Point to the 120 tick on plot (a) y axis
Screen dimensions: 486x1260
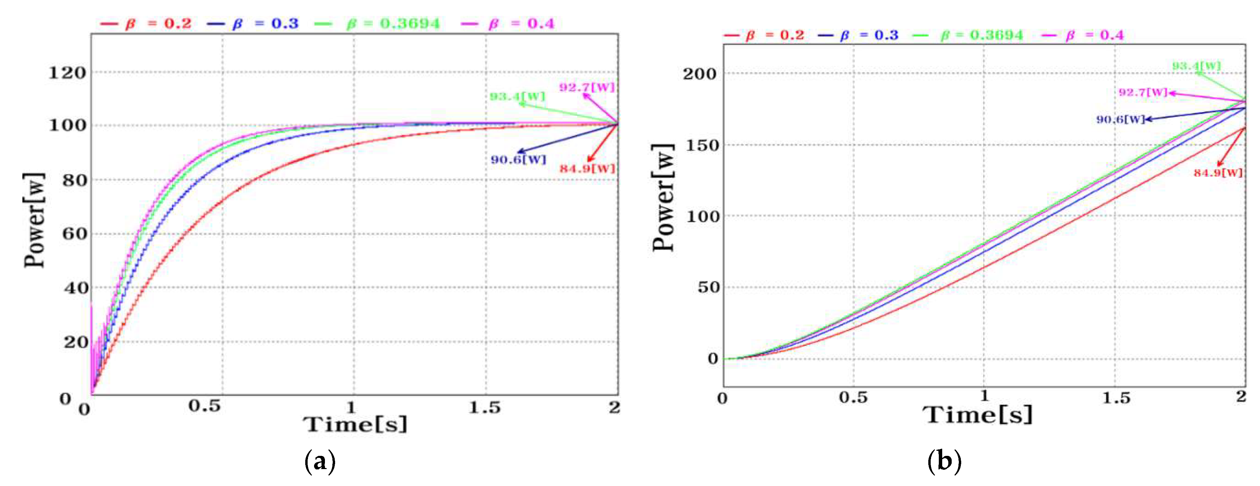[x=67, y=73]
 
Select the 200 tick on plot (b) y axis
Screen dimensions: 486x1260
[x=699, y=74]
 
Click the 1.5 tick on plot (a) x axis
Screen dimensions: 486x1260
[x=485, y=407]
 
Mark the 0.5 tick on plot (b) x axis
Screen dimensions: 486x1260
[x=854, y=398]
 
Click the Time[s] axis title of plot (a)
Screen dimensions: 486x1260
[x=355, y=424]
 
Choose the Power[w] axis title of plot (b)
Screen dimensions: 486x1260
[x=664, y=198]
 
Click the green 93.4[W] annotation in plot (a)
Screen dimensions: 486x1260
[x=517, y=96]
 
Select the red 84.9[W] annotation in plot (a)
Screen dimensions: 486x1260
[x=587, y=169]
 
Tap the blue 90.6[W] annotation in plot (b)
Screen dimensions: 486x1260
[x=1120, y=120]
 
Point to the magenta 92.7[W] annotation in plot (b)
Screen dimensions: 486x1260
[x=1143, y=92]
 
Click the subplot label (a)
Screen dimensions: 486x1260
[x=320, y=461]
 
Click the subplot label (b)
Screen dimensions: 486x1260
[x=944, y=461]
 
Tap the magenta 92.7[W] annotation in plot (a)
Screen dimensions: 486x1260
[x=586, y=87]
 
